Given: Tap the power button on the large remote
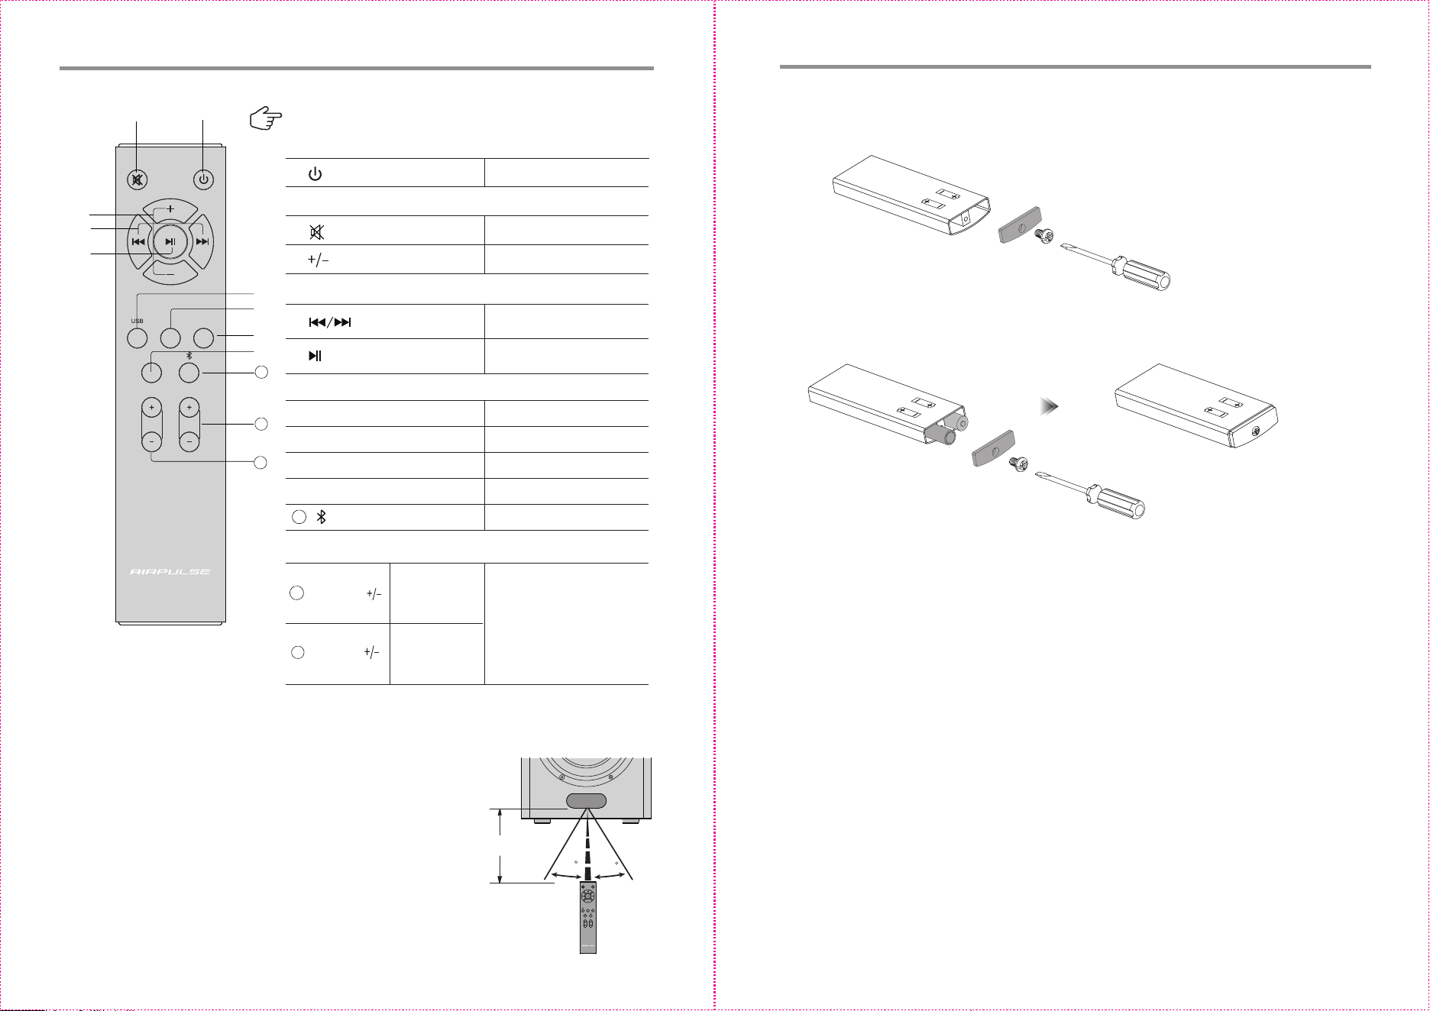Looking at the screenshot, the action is [202, 180].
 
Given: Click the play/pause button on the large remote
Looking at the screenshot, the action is [170, 242].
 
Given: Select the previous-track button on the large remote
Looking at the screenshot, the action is [139, 242].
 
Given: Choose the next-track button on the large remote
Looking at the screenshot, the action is [201, 242].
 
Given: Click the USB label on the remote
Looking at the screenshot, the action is [137, 321].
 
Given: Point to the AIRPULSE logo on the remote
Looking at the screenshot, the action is [170, 571].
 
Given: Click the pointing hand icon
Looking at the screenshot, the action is [266, 119].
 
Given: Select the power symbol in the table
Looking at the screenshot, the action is [315, 174].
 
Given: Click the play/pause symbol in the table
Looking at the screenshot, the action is [315, 356].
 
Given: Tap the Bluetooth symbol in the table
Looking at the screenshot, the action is [322, 517].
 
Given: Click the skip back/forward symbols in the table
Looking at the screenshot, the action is [330, 322].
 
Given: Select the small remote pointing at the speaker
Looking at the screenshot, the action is [587, 916].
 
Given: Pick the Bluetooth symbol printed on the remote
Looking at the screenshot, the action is [189, 355].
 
